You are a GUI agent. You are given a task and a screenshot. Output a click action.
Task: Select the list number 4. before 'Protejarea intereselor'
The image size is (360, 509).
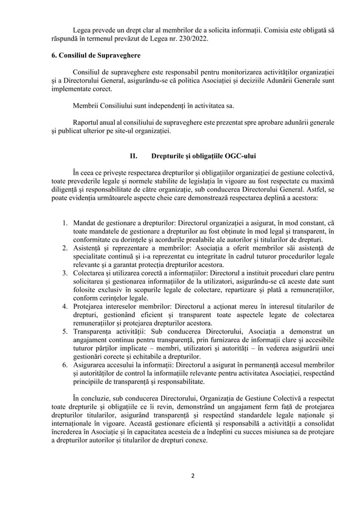pyautogui.click(x=65, y=306)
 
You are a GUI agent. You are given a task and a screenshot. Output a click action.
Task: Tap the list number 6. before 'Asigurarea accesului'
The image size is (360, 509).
pyautogui.click(x=65, y=364)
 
